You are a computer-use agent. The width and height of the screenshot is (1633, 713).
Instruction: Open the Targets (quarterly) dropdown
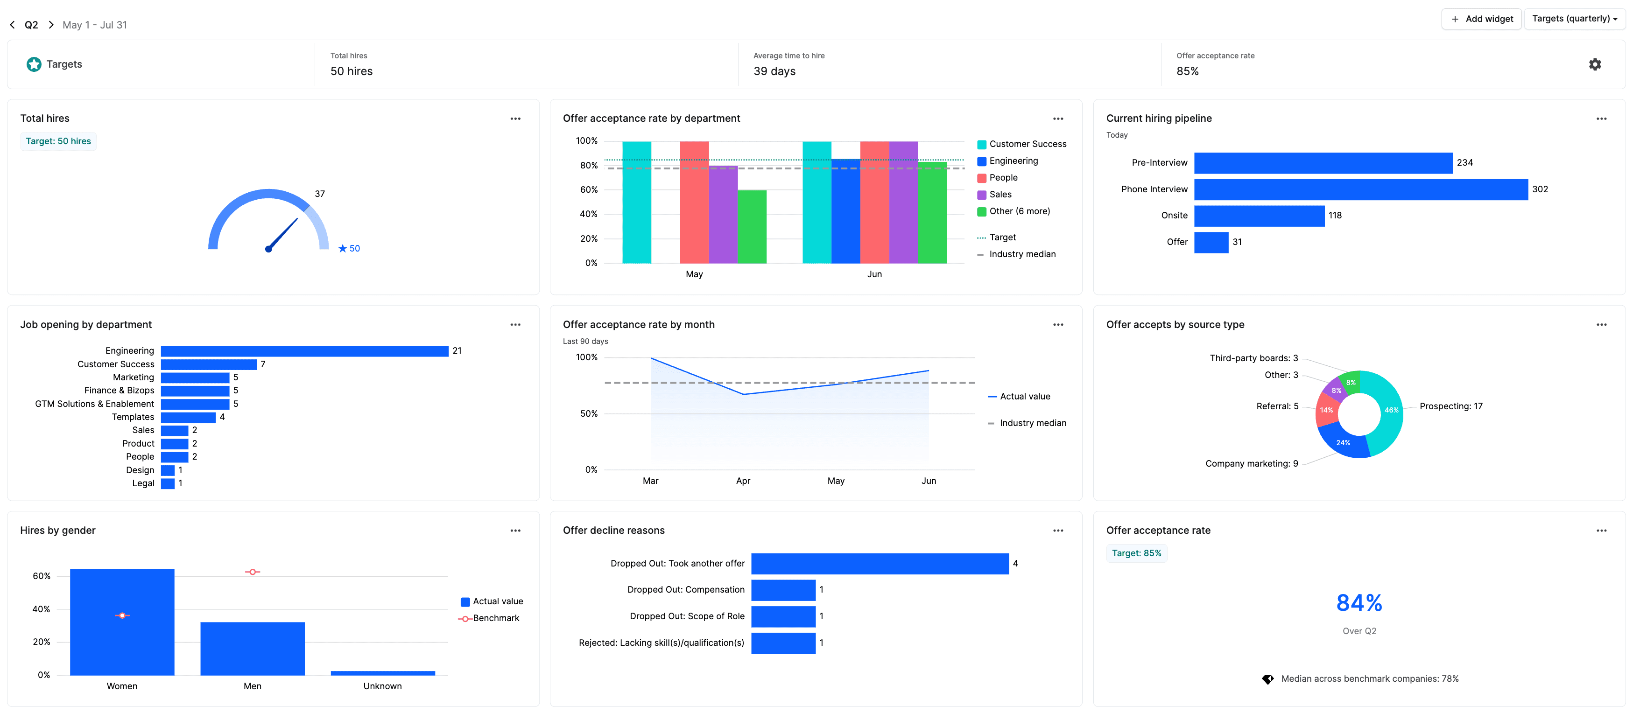1574,19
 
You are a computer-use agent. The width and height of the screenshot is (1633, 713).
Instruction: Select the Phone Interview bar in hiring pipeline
1360,189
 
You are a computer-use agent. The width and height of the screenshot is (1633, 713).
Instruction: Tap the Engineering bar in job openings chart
304,351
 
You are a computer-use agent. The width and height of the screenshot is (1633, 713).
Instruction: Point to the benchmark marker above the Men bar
252,572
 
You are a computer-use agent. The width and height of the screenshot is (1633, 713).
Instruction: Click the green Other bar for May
752,226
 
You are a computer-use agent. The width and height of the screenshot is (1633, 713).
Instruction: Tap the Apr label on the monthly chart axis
743,481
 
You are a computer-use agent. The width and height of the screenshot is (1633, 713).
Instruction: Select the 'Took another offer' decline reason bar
879,563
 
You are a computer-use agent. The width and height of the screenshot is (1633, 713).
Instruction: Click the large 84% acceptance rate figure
1358,603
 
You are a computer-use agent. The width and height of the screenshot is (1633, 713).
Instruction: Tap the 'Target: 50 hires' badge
58,141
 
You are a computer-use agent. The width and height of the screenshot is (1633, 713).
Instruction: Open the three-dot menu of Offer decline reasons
1058,531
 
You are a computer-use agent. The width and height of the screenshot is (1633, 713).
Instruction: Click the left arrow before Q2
13,25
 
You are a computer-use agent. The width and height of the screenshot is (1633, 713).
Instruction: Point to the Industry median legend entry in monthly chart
1032,423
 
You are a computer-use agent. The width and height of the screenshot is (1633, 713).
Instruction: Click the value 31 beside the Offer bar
1237,242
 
